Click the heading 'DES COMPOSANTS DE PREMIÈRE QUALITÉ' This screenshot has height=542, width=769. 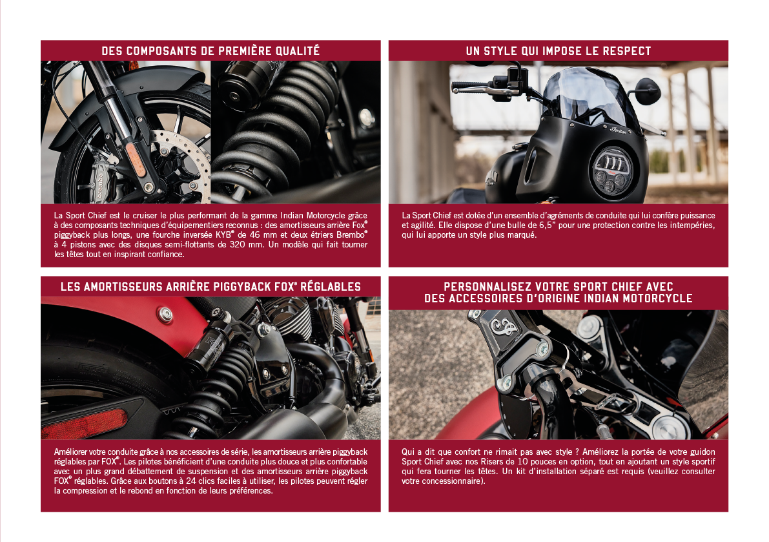(210, 50)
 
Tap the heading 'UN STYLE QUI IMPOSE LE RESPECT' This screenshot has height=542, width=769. (558, 50)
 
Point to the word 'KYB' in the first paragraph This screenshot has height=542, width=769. (223, 235)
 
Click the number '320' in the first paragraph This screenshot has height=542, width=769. (238, 244)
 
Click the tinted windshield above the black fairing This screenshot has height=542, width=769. (584, 96)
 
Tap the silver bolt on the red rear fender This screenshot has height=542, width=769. (165, 314)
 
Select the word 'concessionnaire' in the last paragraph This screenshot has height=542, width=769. (441, 481)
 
